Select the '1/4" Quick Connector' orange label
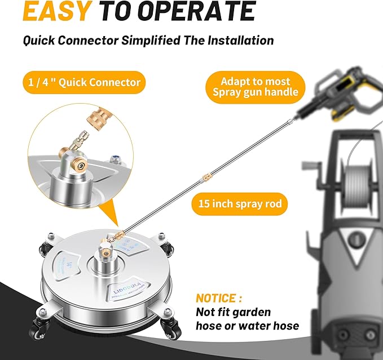click(85, 83)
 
